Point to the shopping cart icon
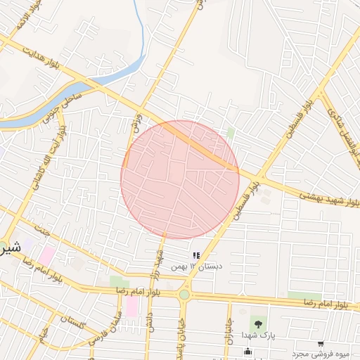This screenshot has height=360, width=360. [x=321, y=344]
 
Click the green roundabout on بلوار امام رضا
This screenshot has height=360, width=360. [x=184, y=295]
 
